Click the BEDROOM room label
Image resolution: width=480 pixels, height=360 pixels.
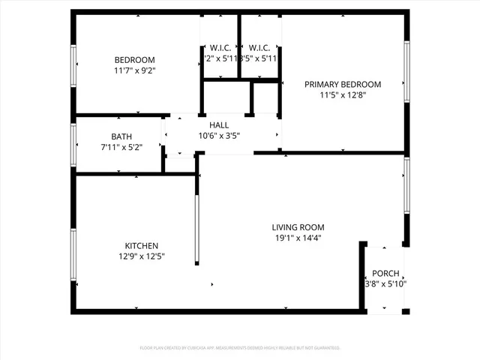point(134,60)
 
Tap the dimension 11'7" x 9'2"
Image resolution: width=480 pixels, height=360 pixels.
point(134,70)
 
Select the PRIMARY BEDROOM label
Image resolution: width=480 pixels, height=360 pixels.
point(342,85)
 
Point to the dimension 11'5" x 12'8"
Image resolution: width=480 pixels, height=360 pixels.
point(342,95)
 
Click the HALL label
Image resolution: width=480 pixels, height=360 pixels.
point(219,125)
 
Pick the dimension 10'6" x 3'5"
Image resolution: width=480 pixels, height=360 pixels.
point(219,136)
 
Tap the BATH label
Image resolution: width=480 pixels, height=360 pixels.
point(121,136)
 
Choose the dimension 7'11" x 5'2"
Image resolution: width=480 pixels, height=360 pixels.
point(121,147)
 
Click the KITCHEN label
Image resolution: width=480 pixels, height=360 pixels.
point(141,245)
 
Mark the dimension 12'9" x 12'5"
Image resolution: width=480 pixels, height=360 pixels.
point(141,256)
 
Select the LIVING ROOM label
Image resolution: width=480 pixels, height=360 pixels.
point(298,227)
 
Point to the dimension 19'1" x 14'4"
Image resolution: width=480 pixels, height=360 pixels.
point(298,238)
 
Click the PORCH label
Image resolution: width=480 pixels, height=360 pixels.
point(385,274)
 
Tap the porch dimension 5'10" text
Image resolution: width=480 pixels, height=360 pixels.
point(394,284)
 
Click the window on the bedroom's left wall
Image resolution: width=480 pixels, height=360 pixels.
point(73,67)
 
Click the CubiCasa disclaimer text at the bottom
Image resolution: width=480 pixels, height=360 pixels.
point(240,348)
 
